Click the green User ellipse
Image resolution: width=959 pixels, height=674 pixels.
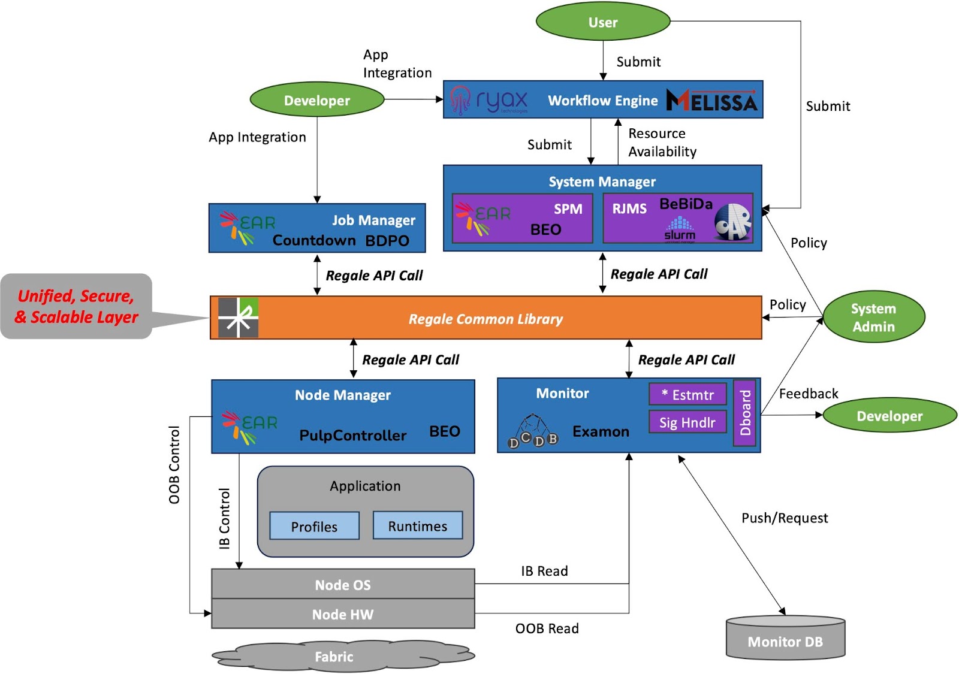603,22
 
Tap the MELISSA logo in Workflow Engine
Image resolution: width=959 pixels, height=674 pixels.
712,101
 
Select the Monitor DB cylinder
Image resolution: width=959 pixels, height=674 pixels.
786,637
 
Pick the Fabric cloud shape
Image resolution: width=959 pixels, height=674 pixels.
343,655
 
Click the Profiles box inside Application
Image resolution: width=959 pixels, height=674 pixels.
314,526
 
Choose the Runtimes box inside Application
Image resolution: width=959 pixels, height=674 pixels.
417,525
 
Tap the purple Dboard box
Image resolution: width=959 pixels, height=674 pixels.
744,413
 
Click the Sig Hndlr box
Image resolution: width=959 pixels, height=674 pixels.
687,422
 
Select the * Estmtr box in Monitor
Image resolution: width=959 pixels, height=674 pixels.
687,394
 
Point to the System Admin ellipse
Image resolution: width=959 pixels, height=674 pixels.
874,317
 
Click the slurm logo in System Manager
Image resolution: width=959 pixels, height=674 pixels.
680,229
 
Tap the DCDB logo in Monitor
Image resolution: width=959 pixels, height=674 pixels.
533,431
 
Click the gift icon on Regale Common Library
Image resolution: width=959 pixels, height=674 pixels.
239,318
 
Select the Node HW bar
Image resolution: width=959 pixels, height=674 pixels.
343,613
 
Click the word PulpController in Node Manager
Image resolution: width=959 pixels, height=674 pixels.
353,435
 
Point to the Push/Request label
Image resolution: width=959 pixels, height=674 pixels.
785,518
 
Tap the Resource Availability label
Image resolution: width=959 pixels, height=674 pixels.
662,143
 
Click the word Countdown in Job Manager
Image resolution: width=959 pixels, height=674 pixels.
314,240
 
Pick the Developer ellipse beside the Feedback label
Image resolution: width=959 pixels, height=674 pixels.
889,416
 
